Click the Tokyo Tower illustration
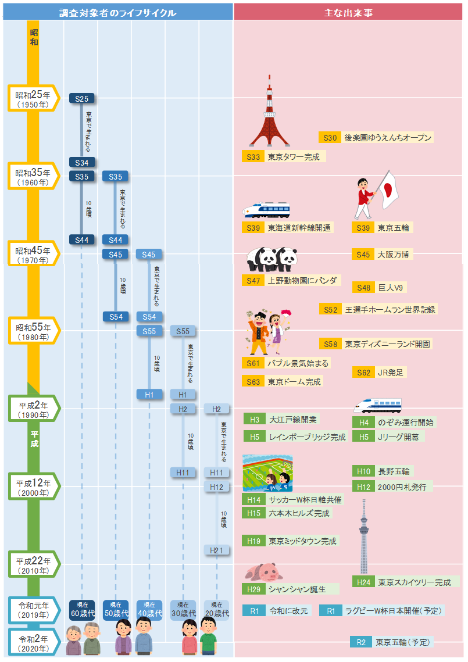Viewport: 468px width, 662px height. (269, 113)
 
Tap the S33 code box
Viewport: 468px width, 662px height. (253, 157)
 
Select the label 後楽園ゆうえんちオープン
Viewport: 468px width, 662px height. (387, 138)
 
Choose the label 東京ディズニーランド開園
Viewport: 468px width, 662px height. (388, 344)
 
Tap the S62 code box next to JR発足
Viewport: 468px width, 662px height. (363, 373)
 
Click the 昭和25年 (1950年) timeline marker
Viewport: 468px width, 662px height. (34, 98)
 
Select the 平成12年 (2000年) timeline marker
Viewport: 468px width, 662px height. (34, 486)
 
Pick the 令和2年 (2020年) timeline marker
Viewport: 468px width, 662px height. (34, 642)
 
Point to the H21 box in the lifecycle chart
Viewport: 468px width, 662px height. (217, 550)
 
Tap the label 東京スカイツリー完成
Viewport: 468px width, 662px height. (415, 582)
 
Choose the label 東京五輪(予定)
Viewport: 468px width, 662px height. (402, 642)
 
